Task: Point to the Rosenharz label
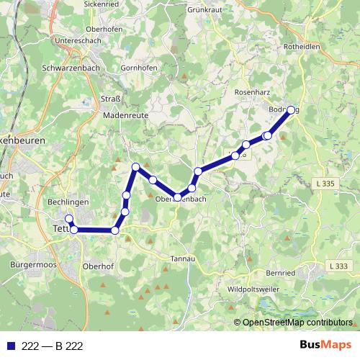pos(252,94)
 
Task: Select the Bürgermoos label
pos(33,265)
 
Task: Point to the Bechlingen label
pos(66,202)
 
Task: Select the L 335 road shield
pos(325,184)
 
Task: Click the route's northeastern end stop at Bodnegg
pos(292,110)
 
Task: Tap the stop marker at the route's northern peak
pos(135,168)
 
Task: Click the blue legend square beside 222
pos(11,346)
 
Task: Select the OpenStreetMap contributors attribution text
pos(297,323)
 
